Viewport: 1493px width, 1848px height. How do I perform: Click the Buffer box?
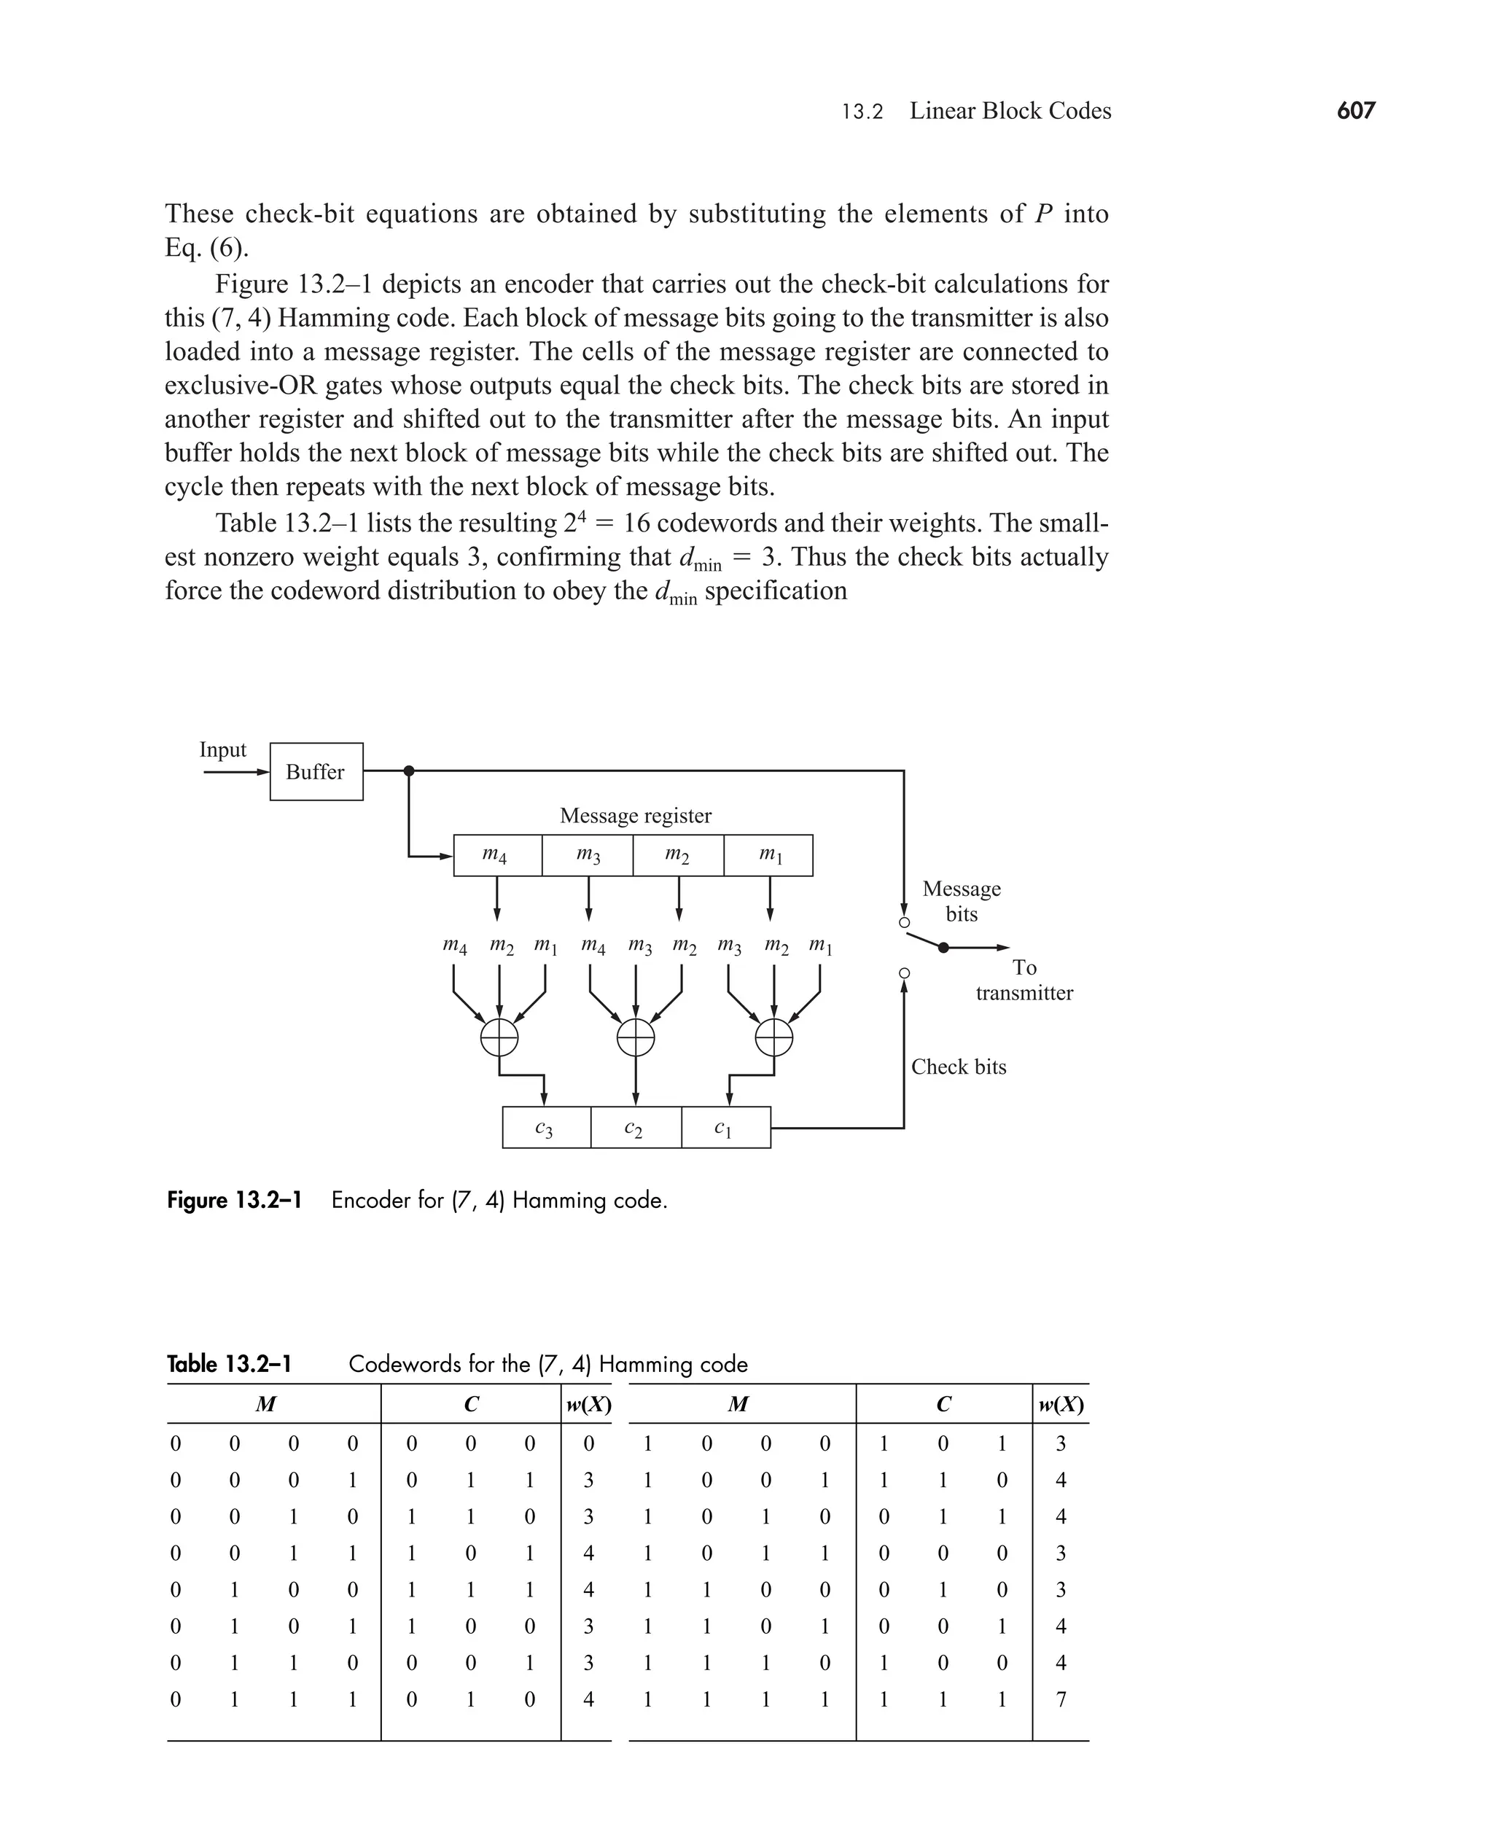(316, 771)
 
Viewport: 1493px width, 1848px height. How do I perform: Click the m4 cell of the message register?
(497, 855)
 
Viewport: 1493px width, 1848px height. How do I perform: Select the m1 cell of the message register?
(768, 855)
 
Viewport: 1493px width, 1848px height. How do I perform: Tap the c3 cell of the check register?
(546, 1127)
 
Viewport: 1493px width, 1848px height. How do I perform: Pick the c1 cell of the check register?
(725, 1127)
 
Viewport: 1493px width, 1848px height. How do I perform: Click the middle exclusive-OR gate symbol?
(636, 1037)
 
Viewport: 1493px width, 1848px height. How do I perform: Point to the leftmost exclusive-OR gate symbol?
(499, 1037)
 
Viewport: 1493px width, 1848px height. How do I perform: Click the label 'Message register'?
(636, 815)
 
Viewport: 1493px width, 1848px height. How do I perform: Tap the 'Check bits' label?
(958, 1067)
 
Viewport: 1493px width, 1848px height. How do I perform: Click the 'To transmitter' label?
(1024, 980)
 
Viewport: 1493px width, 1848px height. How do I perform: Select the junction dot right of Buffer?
(410, 771)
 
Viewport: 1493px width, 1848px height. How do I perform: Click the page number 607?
(1355, 111)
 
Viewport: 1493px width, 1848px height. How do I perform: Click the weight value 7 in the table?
(1061, 1699)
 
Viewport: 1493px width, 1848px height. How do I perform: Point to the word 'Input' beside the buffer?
(223, 750)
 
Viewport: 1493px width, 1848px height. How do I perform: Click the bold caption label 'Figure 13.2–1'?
(234, 1201)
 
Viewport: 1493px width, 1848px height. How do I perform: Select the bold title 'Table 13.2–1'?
(230, 1365)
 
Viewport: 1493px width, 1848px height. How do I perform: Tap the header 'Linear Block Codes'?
(1010, 111)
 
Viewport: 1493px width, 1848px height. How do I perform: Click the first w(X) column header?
(588, 1405)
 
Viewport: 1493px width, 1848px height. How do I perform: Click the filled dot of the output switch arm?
(943, 948)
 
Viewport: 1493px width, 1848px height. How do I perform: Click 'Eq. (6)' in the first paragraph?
(206, 249)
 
